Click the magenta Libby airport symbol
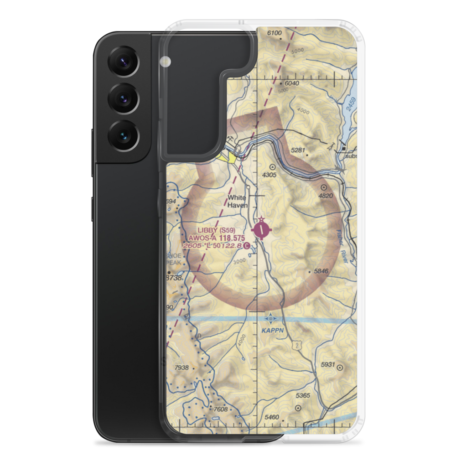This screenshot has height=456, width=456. pos(261,229)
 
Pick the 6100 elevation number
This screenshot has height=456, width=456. pos(275,33)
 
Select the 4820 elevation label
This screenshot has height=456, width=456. pos(326,196)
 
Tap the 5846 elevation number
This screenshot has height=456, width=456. pos(321,271)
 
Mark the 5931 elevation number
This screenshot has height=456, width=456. pos(327,364)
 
